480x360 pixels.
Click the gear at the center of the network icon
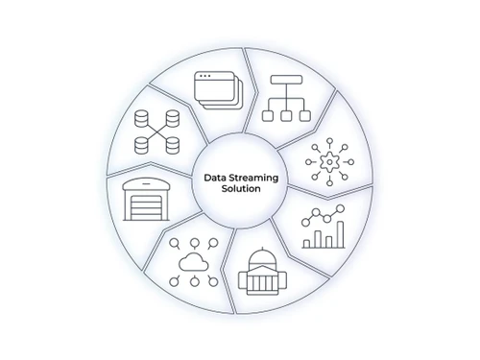[330, 162]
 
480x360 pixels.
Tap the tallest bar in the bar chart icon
[338, 233]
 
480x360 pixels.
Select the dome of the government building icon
[259, 258]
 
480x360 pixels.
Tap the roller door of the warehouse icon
[148, 206]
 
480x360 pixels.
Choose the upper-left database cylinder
[144, 120]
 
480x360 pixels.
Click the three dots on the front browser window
[204, 77]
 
